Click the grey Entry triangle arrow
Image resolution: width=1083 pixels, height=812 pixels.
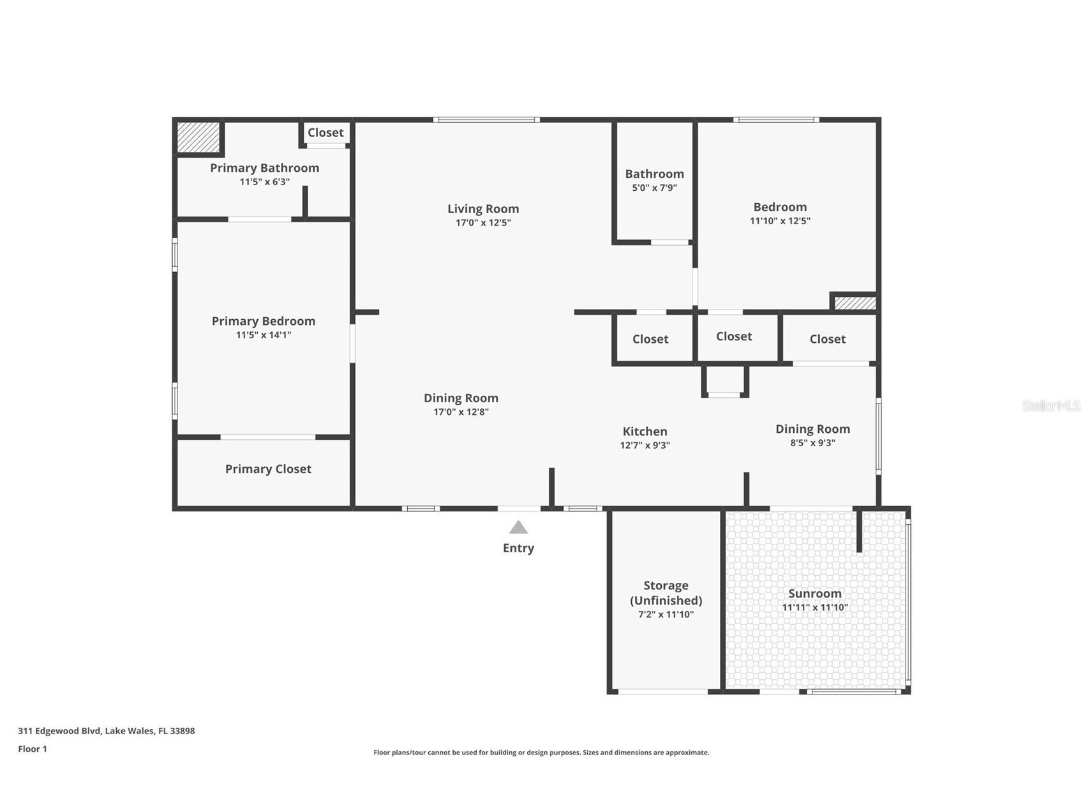tap(518, 528)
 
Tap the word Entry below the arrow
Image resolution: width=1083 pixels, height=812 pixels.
tap(518, 548)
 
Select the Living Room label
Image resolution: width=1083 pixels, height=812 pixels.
tap(483, 209)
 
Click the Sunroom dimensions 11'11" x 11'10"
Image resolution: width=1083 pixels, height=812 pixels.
tap(815, 608)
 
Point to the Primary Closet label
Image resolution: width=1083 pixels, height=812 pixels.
tap(268, 469)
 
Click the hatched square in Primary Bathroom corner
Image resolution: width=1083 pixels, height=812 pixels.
tap(198, 137)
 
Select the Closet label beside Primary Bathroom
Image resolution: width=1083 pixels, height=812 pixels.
tap(325, 133)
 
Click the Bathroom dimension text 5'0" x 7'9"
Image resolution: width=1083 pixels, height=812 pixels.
tap(654, 188)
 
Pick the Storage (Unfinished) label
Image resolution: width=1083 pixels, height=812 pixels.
tap(666, 593)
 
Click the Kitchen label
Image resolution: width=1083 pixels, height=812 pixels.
tap(645, 432)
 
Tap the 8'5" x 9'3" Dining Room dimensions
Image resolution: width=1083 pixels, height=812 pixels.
tap(812, 443)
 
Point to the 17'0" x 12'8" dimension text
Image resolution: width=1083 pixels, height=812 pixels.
tap(461, 412)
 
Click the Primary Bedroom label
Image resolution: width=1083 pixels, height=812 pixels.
tap(264, 321)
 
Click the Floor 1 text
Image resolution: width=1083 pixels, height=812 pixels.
tap(33, 749)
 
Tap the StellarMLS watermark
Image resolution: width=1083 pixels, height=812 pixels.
tap(1051, 406)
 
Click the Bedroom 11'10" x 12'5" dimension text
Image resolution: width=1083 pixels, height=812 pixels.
tap(780, 222)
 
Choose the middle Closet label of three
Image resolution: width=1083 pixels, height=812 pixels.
tap(734, 336)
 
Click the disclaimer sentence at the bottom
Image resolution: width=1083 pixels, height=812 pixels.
tap(541, 753)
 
